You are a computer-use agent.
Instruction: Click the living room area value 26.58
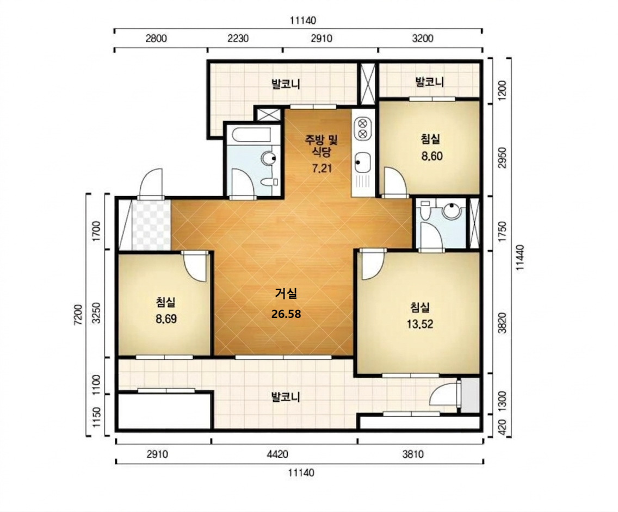(286, 314)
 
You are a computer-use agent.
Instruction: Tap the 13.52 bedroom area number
(420, 324)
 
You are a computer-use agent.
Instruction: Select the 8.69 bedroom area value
(166, 319)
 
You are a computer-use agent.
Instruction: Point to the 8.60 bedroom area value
(432, 156)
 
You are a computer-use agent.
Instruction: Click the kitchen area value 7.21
(322, 168)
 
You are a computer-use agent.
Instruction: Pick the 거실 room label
(286, 293)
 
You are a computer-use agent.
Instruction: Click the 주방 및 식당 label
(322, 145)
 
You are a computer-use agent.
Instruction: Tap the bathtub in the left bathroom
(251, 135)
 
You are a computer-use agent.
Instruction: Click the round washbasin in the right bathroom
(452, 210)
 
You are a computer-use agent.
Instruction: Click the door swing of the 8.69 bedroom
(194, 267)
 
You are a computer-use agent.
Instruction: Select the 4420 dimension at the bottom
(277, 454)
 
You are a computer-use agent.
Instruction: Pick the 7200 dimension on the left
(78, 314)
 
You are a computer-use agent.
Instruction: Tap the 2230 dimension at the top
(238, 38)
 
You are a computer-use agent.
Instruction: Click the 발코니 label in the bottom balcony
(286, 397)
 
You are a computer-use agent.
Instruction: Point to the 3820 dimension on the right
(502, 323)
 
